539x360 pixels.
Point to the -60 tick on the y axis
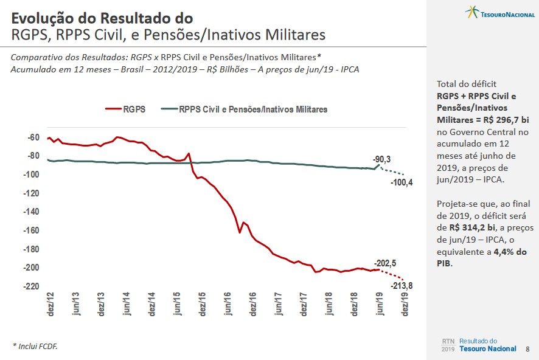tap(33, 137)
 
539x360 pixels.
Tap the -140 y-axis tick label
tap(31, 212)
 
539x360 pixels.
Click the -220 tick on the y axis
tap(31, 286)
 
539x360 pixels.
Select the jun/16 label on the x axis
tap(228, 305)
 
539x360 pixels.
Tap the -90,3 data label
tap(382, 159)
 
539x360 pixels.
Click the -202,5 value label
tap(384, 263)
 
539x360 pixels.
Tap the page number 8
tap(527, 349)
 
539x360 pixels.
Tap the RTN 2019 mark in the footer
tap(448, 345)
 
